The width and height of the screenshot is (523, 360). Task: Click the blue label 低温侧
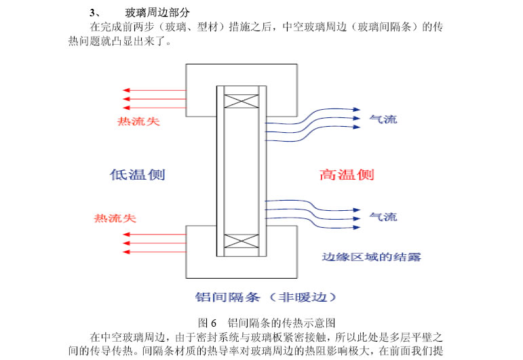pos(137,174)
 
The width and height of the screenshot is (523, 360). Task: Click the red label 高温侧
pos(347,174)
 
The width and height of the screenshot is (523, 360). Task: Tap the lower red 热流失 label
pos(115,218)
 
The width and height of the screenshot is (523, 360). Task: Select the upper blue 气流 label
pos(383,119)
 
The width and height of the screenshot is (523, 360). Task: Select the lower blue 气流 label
pos(383,217)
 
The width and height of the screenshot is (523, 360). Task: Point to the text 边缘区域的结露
pos(371,257)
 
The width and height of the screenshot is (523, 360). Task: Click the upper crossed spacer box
pos(241,99)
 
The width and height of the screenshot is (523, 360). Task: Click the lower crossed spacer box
pos(241,241)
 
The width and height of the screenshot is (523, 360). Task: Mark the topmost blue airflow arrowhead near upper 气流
pos(355,109)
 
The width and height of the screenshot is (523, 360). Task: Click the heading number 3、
pos(95,13)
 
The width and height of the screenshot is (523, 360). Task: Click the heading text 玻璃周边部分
pos(157,13)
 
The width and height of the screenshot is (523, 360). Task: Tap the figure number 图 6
pos(206,322)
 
